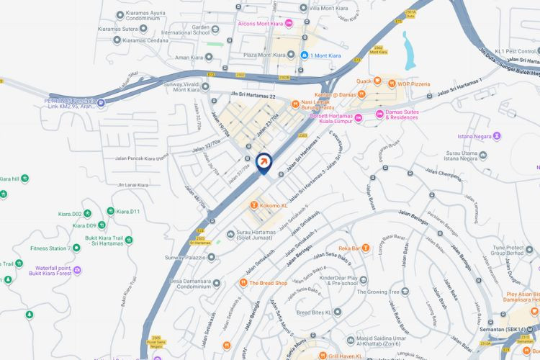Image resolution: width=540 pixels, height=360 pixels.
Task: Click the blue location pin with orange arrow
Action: click(264, 163)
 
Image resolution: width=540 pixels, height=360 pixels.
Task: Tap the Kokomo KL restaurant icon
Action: click(254, 205)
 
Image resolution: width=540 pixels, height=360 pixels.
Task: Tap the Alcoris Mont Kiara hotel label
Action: click(260, 23)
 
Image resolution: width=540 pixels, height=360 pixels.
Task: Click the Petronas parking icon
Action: click(100, 103)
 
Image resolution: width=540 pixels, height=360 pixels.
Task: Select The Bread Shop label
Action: click(268, 283)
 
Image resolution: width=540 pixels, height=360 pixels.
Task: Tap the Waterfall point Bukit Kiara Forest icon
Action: click(77, 270)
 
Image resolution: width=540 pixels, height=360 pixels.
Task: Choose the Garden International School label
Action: click(185, 29)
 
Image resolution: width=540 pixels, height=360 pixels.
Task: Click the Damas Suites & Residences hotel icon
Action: click(379, 114)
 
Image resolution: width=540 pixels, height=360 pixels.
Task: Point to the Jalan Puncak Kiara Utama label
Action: click(141, 157)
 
